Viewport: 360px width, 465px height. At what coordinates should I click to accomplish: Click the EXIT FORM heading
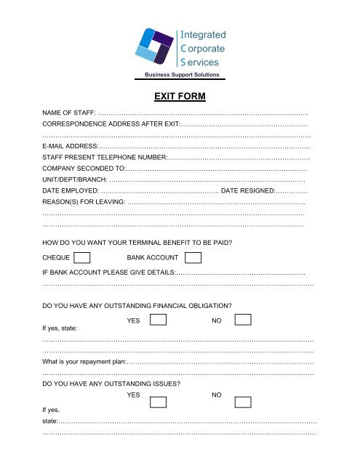click(180, 96)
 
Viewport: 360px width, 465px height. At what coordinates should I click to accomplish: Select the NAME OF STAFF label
click(69, 114)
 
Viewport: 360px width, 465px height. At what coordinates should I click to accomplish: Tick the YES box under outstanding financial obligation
click(159, 320)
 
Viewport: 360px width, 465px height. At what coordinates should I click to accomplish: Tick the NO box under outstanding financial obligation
click(243, 320)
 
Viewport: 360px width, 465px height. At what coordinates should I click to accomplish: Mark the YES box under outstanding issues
click(159, 402)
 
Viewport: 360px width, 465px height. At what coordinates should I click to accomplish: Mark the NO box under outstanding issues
click(243, 402)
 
